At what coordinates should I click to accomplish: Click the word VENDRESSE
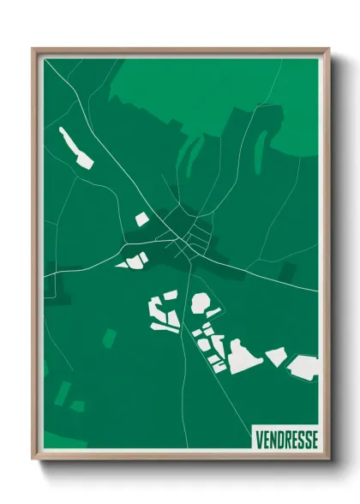pyautogui.click(x=286, y=439)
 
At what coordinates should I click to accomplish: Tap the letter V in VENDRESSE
pyautogui.click(x=259, y=439)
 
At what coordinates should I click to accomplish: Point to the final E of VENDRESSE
pyautogui.click(x=314, y=439)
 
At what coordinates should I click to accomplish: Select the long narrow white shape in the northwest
pyautogui.click(x=75, y=147)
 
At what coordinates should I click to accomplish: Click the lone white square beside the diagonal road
pyautogui.click(x=141, y=219)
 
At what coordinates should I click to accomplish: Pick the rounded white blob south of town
pyautogui.click(x=201, y=302)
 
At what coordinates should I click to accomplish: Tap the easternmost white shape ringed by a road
pyautogui.click(x=303, y=367)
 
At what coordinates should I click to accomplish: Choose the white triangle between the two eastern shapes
pyautogui.click(x=275, y=356)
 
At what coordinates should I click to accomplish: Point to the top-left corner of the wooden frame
pyautogui.click(x=34, y=50)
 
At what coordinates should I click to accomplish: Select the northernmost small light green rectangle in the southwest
pyautogui.click(x=108, y=339)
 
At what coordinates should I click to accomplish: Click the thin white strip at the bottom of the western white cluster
pyautogui.click(x=163, y=327)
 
